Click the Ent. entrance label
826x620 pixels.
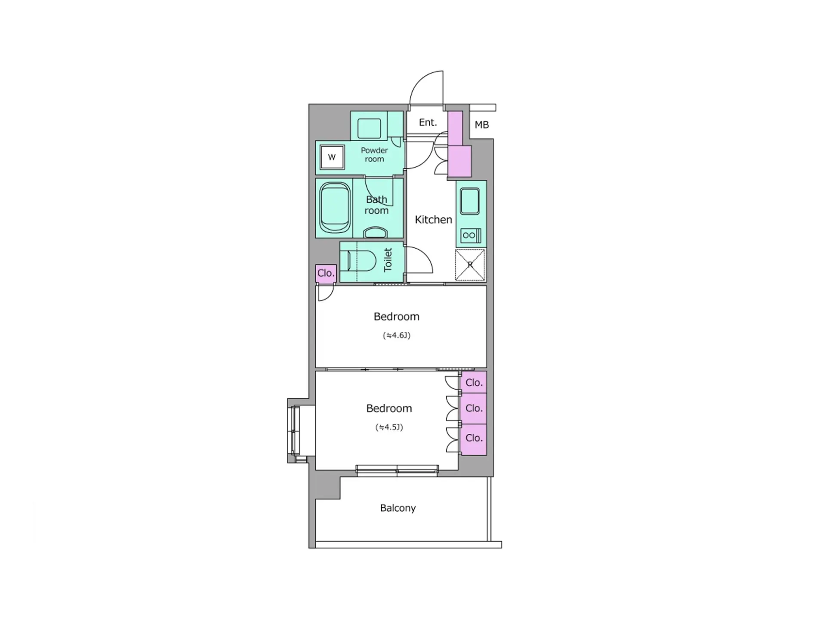point(428,123)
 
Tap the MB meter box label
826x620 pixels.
point(481,125)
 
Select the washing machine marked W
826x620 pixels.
point(332,157)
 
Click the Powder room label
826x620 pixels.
point(374,155)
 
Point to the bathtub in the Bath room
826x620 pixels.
point(335,208)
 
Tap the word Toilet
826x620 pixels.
point(388,260)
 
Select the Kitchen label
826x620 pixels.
point(433,220)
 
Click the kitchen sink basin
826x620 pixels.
point(469,201)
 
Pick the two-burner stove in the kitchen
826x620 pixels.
point(471,236)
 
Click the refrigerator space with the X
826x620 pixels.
point(470,265)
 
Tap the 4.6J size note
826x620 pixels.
point(397,335)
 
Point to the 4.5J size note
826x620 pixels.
point(389,427)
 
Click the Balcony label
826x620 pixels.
point(398,508)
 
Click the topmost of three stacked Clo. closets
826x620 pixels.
point(474,382)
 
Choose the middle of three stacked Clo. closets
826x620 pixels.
point(474,408)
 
